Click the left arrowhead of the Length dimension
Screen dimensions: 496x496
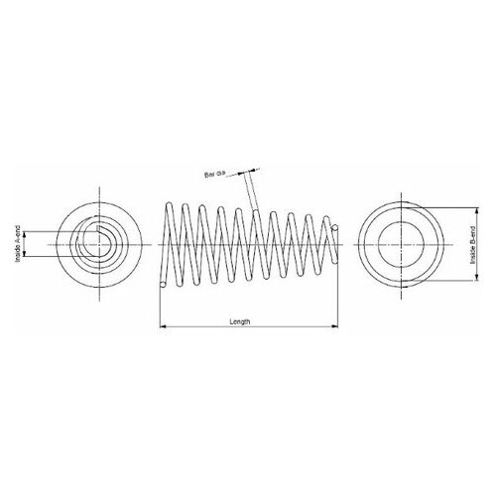(x=162, y=327)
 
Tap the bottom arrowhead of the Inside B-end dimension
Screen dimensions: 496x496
(x=464, y=277)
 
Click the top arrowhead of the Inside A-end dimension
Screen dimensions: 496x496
(x=27, y=232)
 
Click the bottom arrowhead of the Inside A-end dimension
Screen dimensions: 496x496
(x=27, y=256)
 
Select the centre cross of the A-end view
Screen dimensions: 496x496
(x=99, y=243)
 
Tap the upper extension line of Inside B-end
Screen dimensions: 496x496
(x=436, y=208)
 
